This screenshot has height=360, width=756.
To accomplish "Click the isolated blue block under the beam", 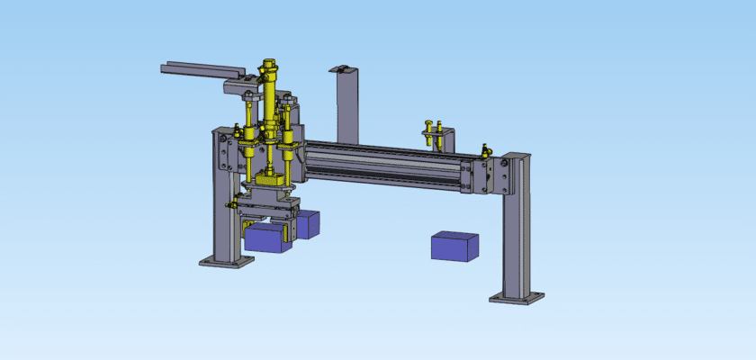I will tap(454, 246).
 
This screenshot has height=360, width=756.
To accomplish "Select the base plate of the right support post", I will tap(517, 296).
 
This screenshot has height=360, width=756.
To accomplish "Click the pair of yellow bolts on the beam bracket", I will tap(434, 131).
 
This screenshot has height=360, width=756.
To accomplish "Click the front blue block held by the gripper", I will tap(265, 237).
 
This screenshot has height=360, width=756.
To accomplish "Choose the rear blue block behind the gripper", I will tap(309, 223).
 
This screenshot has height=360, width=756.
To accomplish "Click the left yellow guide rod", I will tap(248, 135).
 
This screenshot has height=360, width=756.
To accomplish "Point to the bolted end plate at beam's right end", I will tap(487, 175).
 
